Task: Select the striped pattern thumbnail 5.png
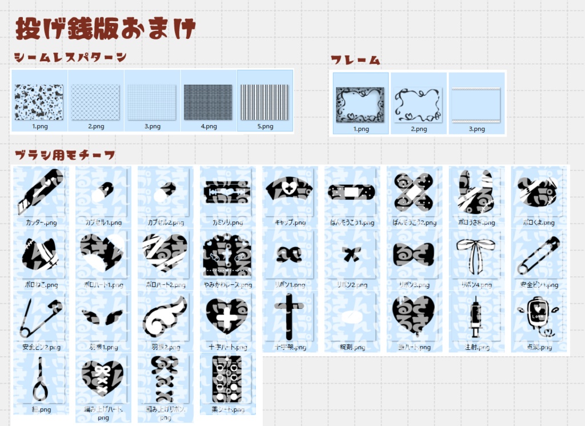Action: (265, 102)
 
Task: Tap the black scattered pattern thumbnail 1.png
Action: (39, 102)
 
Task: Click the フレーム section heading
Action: (355, 60)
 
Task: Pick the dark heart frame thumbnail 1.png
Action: (360, 104)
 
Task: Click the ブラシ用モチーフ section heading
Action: (65, 155)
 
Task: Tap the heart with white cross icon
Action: (227, 316)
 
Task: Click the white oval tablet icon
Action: (351, 317)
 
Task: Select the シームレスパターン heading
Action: (70, 57)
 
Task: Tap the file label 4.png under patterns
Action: (208, 126)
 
